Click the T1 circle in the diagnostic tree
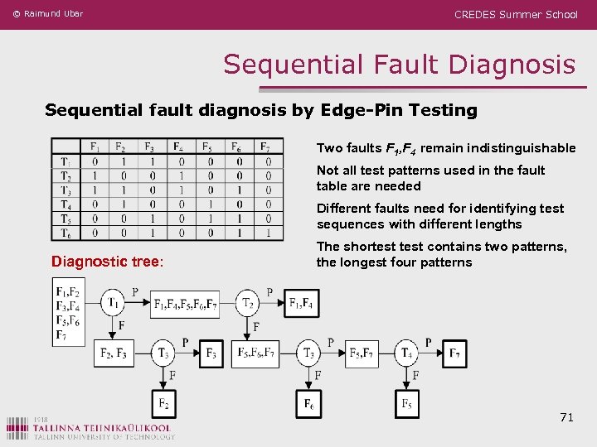coord(114,304)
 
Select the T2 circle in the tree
coord(247,304)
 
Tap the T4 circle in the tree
coord(406,353)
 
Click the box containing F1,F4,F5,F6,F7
coord(186,304)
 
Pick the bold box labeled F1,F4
coord(301,304)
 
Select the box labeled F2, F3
coord(113,353)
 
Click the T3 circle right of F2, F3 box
coord(164,353)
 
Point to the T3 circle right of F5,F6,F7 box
coord(308,353)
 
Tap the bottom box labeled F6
coord(308,403)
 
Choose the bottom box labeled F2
coord(164,403)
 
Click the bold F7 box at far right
coord(454,353)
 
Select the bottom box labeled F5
coord(406,403)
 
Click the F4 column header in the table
coord(178,147)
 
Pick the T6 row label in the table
coord(66,233)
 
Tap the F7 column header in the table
coord(265,147)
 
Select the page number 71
coord(566,417)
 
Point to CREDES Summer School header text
coord(516,14)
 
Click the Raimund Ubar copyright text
coord(48,14)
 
